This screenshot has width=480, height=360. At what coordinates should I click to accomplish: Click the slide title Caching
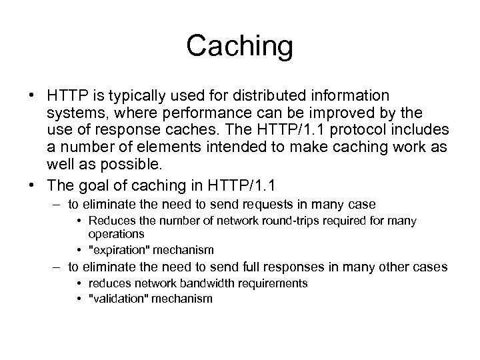[x=239, y=46]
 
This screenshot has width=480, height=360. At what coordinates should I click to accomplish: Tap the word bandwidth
[x=188, y=283]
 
